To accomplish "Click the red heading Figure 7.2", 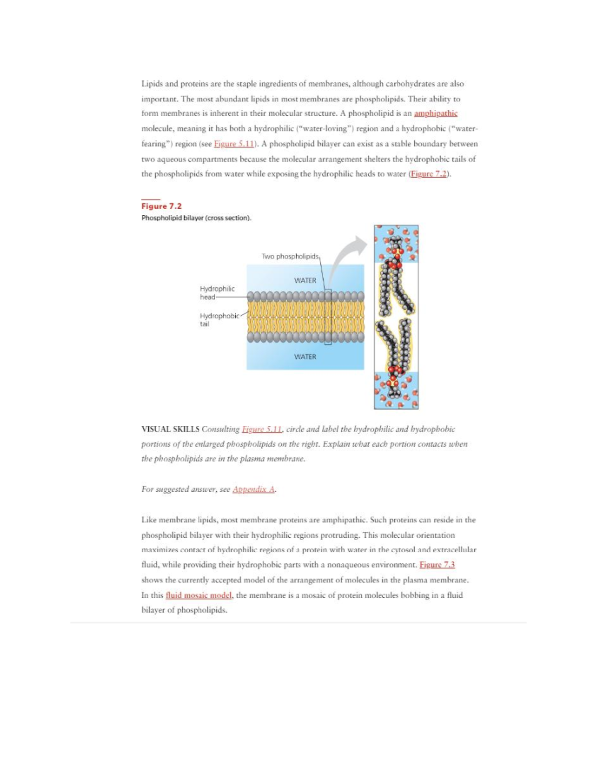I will (161, 206).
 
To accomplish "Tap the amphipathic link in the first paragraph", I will (435, 113).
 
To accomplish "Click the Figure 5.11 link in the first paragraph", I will (234, 144).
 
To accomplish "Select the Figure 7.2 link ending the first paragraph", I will (429, 174).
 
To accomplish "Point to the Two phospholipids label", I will (290, 256).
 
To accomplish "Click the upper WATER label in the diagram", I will (305, 280).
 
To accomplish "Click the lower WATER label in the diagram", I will (305, 357).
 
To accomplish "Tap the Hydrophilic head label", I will (217, 293).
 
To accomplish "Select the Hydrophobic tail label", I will (219, 319).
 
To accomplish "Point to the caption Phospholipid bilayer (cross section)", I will (196, 218).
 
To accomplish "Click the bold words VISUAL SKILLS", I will (170, 429).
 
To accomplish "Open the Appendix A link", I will (254, 489).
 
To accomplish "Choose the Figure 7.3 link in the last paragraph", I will (437, 565).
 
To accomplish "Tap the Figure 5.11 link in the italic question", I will (262, 429).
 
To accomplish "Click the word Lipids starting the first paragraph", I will (151, 84).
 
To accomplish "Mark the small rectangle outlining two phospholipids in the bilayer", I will (328, 317).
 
